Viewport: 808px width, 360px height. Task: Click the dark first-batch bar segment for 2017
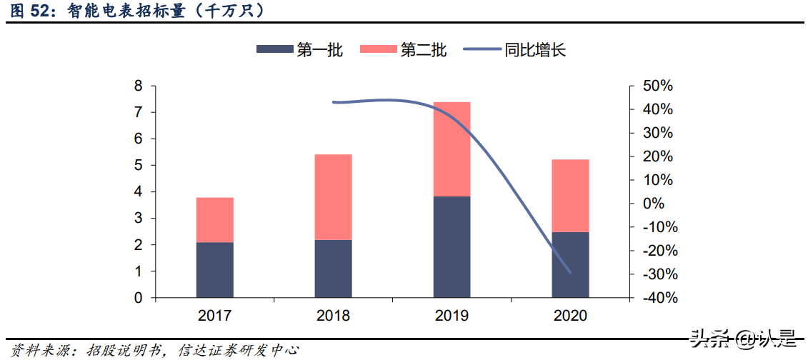coord(214,270)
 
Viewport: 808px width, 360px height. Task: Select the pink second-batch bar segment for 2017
coord(214,220)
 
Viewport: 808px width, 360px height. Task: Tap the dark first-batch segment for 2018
coord(333,269)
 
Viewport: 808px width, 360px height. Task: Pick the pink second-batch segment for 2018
coord(333,197)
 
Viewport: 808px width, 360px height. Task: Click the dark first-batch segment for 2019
coord(452,246)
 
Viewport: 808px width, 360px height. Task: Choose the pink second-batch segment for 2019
coord(452,149)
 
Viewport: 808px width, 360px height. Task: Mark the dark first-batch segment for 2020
coord(570,264)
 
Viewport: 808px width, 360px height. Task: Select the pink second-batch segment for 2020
coord(570,196)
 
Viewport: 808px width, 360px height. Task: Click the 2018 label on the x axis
coord(333,316)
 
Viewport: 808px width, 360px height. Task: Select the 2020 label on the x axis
coord(570,316)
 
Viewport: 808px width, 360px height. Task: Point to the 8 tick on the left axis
coord(139,86)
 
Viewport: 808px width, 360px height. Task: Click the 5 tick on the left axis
coord(139,166)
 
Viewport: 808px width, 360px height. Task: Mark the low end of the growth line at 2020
coord(571,272)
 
